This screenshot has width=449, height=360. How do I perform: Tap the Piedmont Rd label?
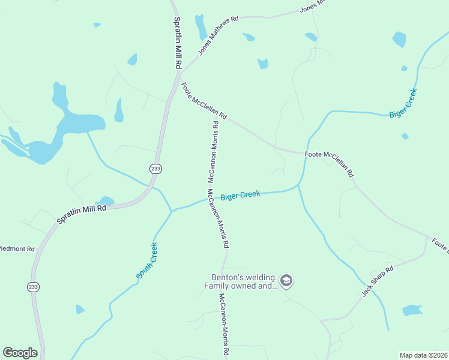pos(17,248)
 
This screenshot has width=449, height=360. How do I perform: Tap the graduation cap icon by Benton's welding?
pos(286,281)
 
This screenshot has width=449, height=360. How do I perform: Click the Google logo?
pos(20,353)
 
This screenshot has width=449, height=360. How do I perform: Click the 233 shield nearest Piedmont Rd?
pos(34,287)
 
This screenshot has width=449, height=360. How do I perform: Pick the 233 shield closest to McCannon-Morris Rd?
pos(156,169)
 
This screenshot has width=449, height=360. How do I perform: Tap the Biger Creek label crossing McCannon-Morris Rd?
pos(240,196)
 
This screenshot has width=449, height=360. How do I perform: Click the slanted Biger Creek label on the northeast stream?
pos(403,103)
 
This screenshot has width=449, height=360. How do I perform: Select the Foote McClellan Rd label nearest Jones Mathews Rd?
pos(203,100)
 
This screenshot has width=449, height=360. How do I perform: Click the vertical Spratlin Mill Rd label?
pos(177,43)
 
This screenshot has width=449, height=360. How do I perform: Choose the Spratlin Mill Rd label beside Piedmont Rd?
pos(82,214)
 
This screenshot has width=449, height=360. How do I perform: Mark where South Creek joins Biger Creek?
pos(172,211)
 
